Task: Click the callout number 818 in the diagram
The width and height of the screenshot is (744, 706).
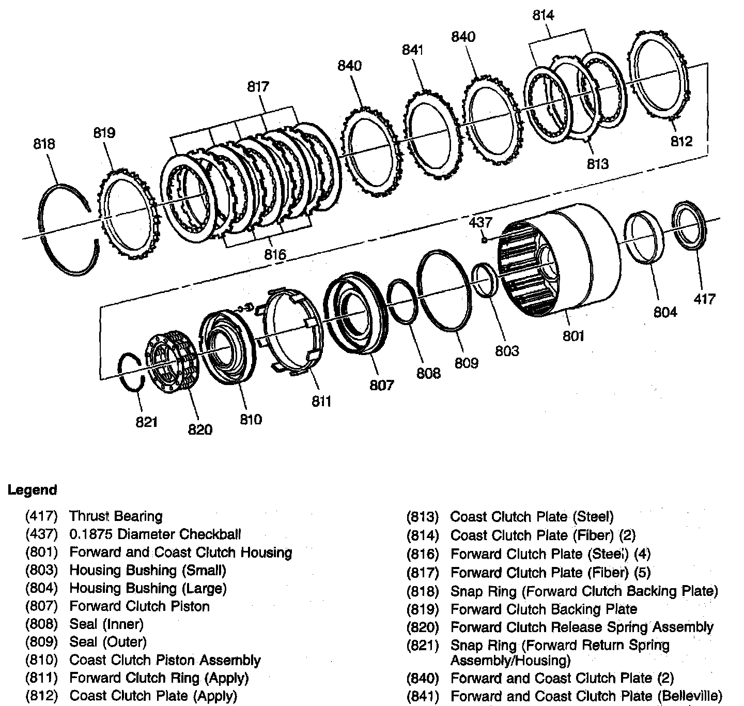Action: [x=44, y=143]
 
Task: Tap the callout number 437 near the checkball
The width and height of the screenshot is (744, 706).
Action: [x=481, y=223]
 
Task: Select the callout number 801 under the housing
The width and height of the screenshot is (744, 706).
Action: [x=573, y=336]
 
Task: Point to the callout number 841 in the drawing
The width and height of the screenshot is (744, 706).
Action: [x=413, y=50]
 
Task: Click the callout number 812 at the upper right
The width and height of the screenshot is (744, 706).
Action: [x=681, y=141]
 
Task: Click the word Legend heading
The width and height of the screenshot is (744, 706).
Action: [x=33, y=490]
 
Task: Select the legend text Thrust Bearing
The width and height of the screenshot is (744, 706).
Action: [x=116, y=516]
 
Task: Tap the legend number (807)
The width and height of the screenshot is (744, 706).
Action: [x=41, y=606]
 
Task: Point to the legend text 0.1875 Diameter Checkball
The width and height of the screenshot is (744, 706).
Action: [x=155, y=534]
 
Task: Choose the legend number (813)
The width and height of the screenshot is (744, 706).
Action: [x=423, y=517]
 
